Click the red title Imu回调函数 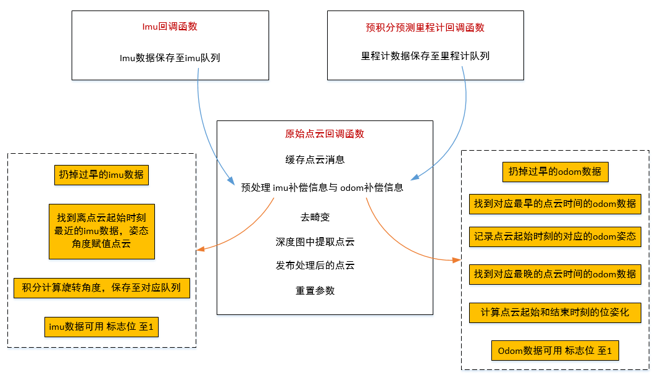[x=170, y=27]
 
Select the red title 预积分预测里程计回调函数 [x=425, y=27]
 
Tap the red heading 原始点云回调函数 [x=325, y=134]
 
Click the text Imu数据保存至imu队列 [x=170, y=58]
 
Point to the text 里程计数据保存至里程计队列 [x=425, y=56]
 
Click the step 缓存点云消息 [x=315, y=159]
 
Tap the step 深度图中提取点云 [x=315, y=241]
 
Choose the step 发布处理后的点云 [x=315, y=266]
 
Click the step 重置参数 [x=315, y=290]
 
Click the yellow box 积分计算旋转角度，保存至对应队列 [x=101, y=288]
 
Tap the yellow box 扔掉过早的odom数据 [x=554, y=172]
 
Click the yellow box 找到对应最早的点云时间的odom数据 [x=554, y=204]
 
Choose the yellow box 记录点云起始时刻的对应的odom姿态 [x=554, y=237]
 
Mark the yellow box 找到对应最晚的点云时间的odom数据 [x=554, y=274]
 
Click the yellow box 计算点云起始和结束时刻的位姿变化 [x=554, y=313]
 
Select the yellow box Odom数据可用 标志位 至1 [x=554, y=351]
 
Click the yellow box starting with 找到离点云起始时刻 [x=101, y=232]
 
